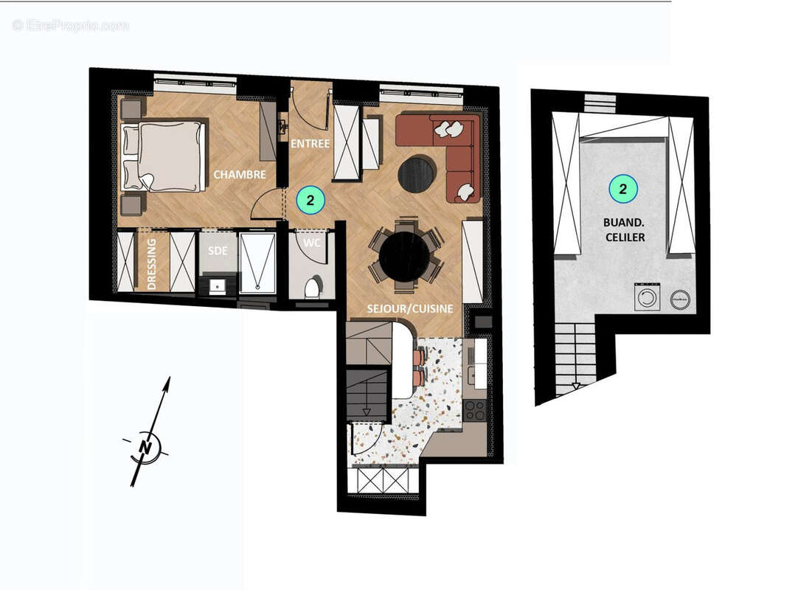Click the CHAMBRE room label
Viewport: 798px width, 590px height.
tap(239, 175)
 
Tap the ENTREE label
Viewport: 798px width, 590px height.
tap(310, 143)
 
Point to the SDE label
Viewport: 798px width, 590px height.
tap(217, 251)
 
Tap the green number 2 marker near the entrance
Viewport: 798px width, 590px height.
tap(310, 199)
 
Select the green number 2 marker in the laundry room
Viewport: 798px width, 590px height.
tap(623, 189)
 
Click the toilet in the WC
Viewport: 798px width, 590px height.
tap(312, 286)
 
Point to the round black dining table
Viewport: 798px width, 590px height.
tap(404, 257)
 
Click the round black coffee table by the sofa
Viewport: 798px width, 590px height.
tap(417, 173)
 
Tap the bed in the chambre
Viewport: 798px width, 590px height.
tap(164, 156)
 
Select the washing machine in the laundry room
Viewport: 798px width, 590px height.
tap(648, 298)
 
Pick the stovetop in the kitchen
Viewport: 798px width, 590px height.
tap(474, 409)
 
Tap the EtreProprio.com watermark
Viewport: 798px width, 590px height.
tap(70, 25)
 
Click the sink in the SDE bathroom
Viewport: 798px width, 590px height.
tap(217, 285)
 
